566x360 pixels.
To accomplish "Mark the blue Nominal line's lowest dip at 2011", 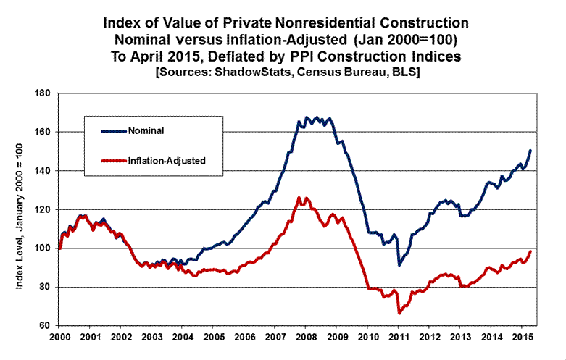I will (399, 265).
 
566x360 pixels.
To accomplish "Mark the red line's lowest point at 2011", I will (399, 313).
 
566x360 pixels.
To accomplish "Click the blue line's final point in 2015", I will (530, 151).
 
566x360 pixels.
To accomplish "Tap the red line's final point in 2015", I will (530, 251).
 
